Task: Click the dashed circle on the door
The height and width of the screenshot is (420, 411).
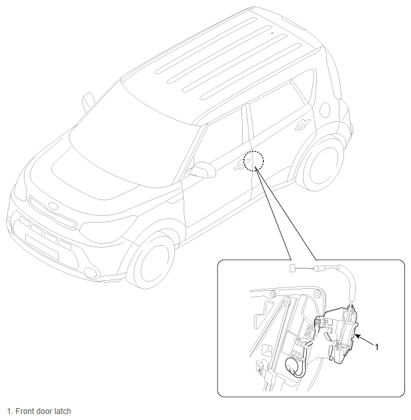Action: pyautogui.click(x=253, y=151)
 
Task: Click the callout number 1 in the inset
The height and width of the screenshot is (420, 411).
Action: pyautogui.click(x=377, y=347)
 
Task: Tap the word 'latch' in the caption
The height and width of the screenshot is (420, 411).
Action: pyautogui.click(x=63, y=411)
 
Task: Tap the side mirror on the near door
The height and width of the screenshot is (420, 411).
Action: pyautogui.click(x=202, y=170)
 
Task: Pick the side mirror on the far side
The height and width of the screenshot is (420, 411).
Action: pyautogui.click(x=88, y=102)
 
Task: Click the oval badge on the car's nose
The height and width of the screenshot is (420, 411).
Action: pyautogui.click(x=53, y=206)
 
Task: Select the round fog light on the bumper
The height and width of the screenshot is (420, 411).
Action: pyautogui.click(x=91, y=272)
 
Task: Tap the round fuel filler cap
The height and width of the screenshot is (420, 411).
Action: pyautogui.click(x=325, y=109)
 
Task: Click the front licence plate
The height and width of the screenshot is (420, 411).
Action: pyautogui.click(x=42, y=246)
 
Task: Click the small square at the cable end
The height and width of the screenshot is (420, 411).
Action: pyautogui.click(x=292, y=268)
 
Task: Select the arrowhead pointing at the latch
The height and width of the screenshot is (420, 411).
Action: pyautogui.click(x=358, y=337)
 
